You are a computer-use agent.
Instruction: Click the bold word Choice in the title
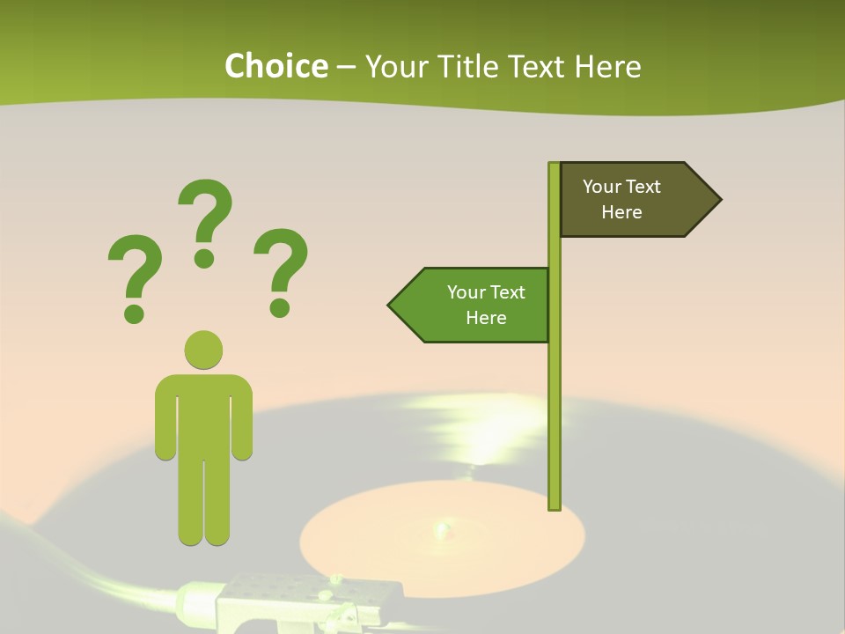(276, 66)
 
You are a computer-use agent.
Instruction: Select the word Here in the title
(607, 66)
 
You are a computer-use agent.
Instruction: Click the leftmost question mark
(135, 275)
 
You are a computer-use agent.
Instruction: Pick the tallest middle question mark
(205, 220)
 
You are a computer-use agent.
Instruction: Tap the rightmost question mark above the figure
(281, 269)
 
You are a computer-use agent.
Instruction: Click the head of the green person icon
(203, 350)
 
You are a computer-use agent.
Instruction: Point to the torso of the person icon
(203, 414)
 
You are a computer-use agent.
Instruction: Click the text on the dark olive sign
(621, 199)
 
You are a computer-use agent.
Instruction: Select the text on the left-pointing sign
(486, 305)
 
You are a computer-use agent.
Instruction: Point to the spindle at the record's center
(441, 529)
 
